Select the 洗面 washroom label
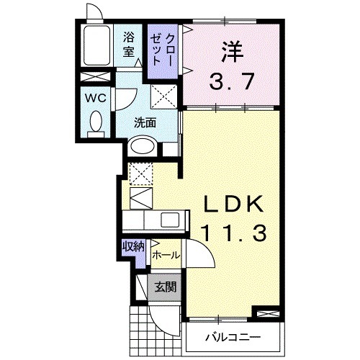pyautogui.click(x=145, y=122)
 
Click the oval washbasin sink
pyautogui.click(x=143, y=146)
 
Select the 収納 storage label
pyautogui.click(x=132, y=246)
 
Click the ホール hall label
pyautogui.click(x=166, y=255)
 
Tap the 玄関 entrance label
pyautogui.click(x=165, y=287)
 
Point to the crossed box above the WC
pyautogui.click(x=94, y=78)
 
